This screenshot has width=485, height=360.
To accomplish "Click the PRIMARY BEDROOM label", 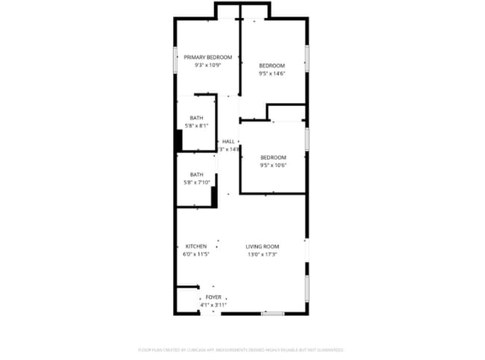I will [x=208, y=58].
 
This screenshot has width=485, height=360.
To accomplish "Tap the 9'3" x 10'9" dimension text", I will [x=208, y=65].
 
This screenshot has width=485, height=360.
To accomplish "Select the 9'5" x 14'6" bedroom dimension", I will [x=272, y=73].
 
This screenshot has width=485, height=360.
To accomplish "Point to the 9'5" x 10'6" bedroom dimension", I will [x=273, y=165].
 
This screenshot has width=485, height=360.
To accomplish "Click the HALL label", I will [x=228, y=141].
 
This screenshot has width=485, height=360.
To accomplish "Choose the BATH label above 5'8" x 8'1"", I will [x=196, y=118].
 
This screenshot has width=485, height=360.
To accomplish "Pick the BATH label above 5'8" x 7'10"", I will [x=196, y=175].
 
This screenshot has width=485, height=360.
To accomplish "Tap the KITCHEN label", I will [x=196, y=246].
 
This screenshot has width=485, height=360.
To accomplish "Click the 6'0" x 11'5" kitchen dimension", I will [x=196, y=255].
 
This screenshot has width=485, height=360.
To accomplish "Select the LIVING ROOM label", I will [x=263, y=246].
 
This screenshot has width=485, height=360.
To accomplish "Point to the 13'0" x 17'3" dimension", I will [x=263, y=255].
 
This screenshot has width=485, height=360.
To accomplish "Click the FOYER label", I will [x=213, y=297].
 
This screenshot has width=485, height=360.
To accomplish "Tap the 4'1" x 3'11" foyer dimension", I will [x=213, y=305].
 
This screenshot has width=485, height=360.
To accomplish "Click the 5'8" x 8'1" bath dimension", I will [x=196, y=125].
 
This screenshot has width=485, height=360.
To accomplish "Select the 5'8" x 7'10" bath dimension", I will [x=196, y=182].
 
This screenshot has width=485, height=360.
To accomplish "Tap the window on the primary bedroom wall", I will [x=175, y=60].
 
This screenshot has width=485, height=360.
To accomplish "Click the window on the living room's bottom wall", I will [x=272, y=314].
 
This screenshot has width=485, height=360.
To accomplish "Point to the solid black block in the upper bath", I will [x=179, y=140].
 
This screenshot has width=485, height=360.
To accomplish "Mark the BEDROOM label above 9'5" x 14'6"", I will [x=272, y=66].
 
